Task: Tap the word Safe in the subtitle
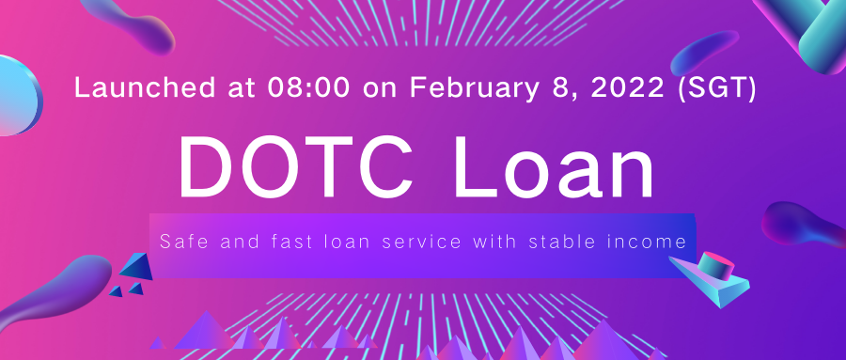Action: click(182, 242)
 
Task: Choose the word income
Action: click(654, 242)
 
